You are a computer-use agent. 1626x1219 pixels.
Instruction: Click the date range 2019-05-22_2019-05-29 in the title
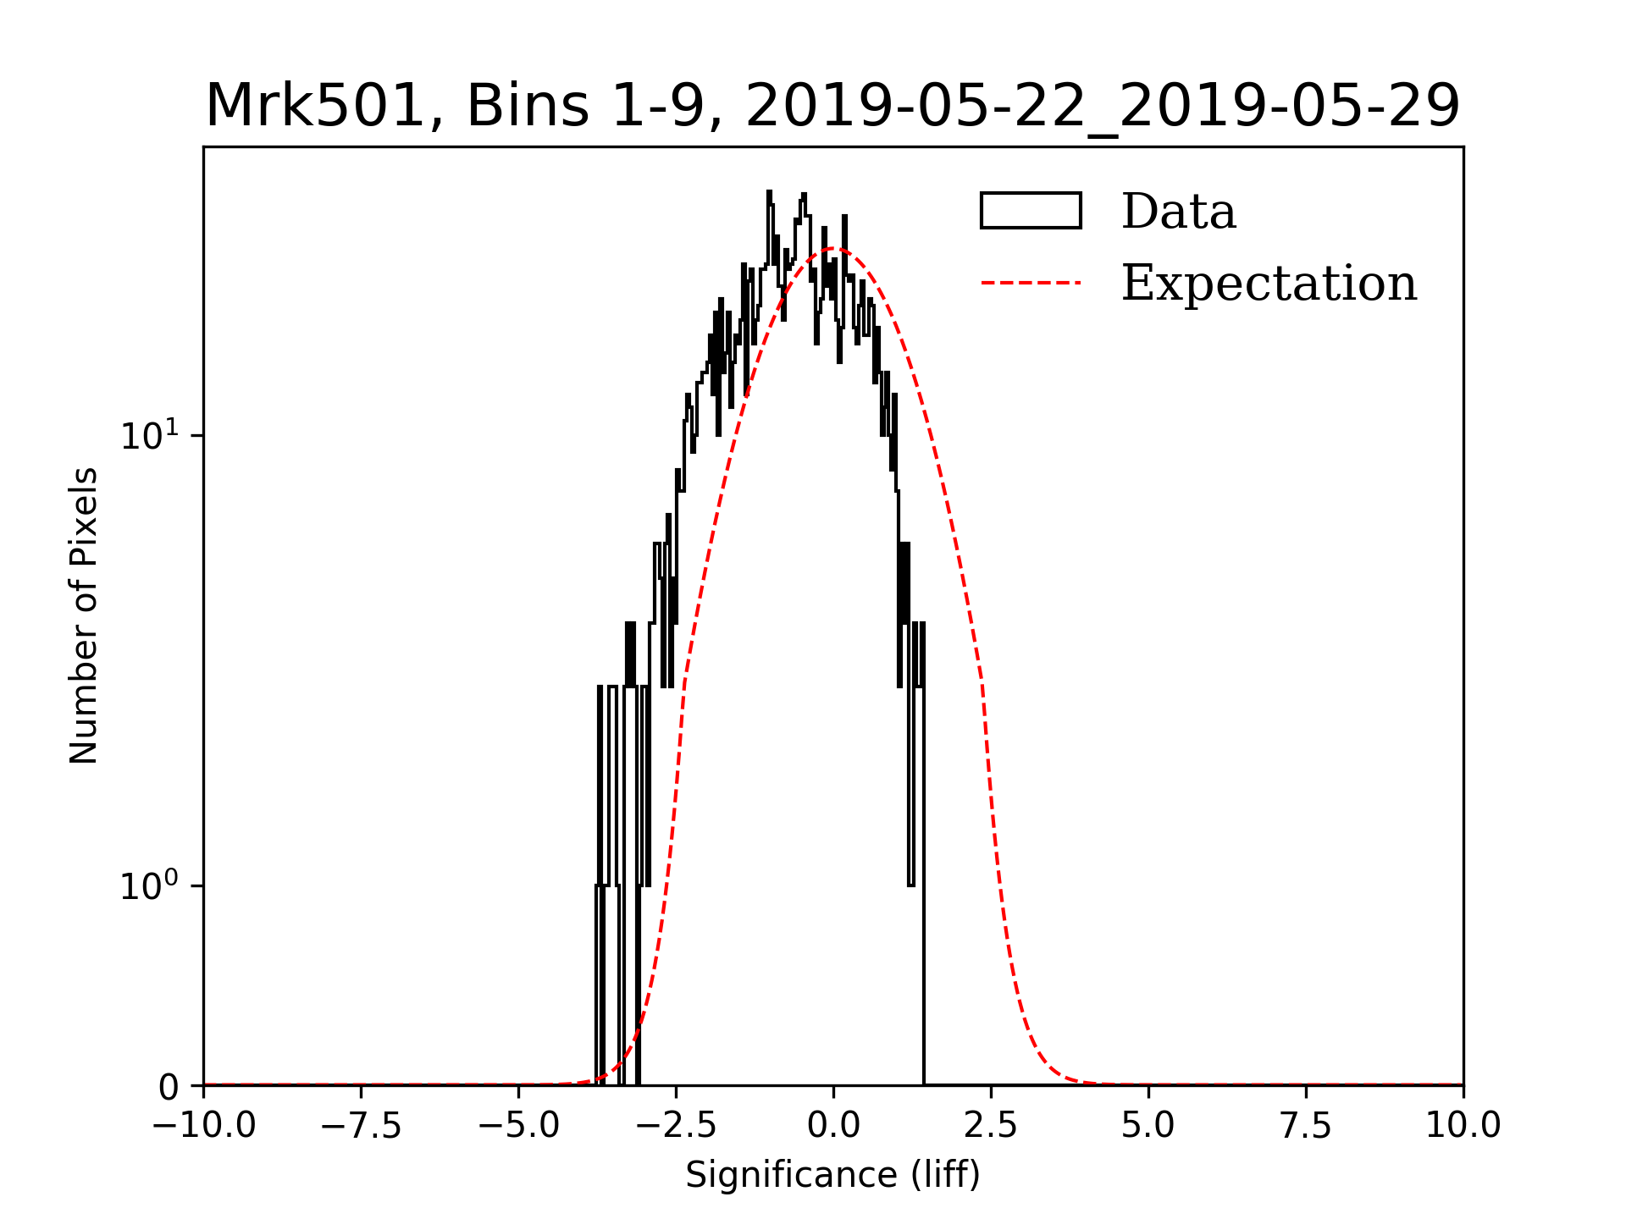pos(1102,107)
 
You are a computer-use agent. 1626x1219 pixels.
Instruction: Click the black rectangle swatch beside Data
pos(1031,211)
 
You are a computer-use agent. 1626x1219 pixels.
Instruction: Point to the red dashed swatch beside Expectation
pos(1031,283)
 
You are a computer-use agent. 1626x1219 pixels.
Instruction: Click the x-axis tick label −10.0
pos(204,1126)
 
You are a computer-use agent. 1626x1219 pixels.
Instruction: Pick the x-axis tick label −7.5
pos(362,1126)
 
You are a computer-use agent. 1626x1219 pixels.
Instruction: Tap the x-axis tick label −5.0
pos(519,1126)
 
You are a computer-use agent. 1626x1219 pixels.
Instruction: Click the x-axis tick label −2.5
pos(677,1126)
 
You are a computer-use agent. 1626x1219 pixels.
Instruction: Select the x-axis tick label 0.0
pos(833,1126)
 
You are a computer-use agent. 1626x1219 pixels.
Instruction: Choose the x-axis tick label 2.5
pos(991,1126)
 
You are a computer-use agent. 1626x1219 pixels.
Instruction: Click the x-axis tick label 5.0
pos(1148,1126)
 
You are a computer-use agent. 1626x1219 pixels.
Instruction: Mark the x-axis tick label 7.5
pos(1306,1126)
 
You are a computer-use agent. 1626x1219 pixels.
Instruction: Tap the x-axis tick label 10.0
pos(1463,1126)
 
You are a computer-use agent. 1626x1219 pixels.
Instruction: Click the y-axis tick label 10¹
pos(150,435)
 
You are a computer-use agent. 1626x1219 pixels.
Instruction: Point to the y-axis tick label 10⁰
pos(150,885)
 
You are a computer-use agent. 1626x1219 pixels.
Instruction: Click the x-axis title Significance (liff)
pos(833,1176)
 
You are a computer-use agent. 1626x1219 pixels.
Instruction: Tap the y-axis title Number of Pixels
pos(84,615)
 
